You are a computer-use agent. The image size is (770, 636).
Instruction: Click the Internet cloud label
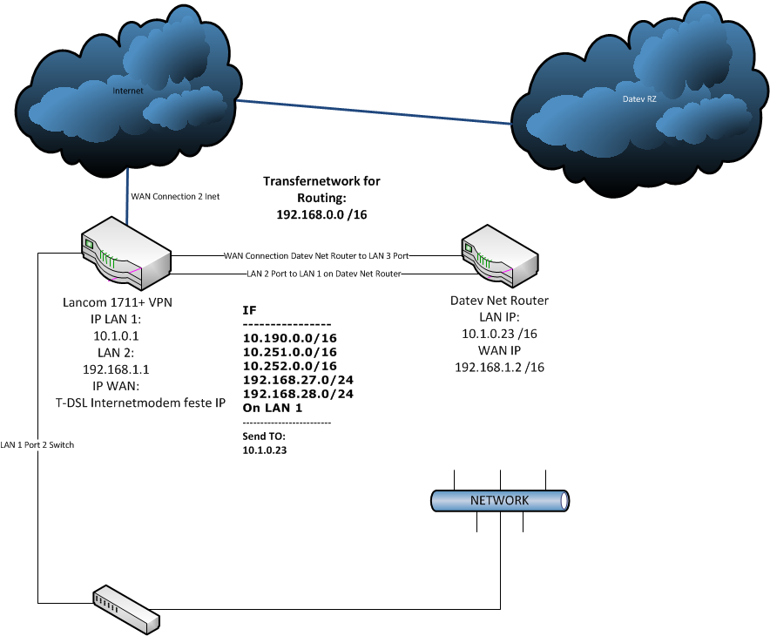(x=127, y=90)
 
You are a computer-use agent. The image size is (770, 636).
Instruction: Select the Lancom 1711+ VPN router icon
(x=125, y=254)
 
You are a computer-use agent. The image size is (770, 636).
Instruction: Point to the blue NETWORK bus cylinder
(x=500, y=500)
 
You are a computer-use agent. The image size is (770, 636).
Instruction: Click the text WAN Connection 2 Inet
(x=175, y=197)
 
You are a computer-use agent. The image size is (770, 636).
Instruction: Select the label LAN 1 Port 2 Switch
(x=37, y=445)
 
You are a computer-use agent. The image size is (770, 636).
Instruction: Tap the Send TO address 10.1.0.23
(x=265, y=450)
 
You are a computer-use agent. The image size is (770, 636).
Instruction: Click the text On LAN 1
(x=272, y=408)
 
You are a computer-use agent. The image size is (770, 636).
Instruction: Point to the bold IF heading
(x=249, y=309)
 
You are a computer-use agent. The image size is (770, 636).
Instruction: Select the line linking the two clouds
(x=375, y=112)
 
